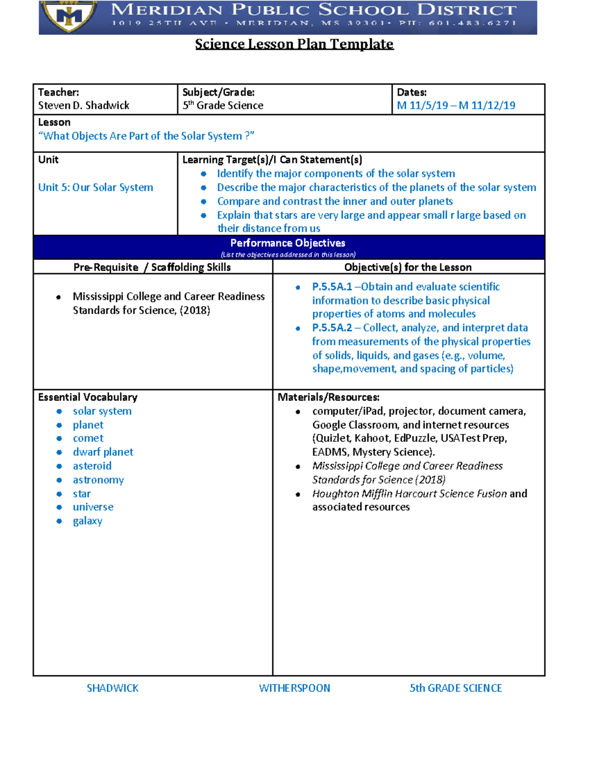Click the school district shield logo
click(x=69, y=16)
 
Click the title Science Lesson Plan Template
click(x=294, y=44)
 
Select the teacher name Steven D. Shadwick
click(x=84, y=105)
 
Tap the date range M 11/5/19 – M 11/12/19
click(x=456, y=105)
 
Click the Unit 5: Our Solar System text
click(x=96, y=187)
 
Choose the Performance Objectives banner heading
click(x=288, y=243)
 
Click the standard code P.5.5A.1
click(x=332, y=287)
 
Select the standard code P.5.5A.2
click(x=332, y=328)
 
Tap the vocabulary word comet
click(x=88, y=438)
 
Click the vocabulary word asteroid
click(x=92, y=466)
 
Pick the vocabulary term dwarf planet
click(x=103, y=452)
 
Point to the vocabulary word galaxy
click(x=88, y=521)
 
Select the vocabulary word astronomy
click(x=98, y=480)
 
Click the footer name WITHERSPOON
click(x=295, y=688)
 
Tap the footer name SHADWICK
click(x=113, y=688)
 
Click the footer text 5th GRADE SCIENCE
click(x=456, y=688)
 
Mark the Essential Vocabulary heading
click(x=88, y=397)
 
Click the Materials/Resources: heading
click(x=328, y=397)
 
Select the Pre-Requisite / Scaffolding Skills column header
click(x=152, y=267)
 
